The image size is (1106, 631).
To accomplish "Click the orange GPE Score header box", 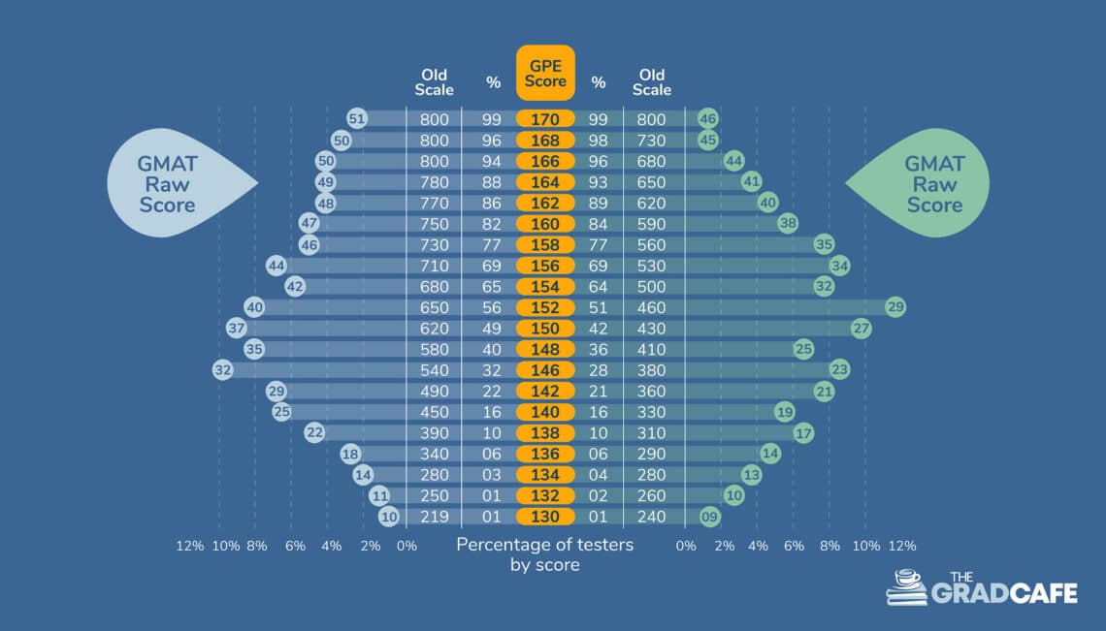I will pyautogui.click(x=545, y=73).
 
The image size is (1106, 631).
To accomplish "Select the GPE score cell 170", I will pyautogui.click(x=545, y=119).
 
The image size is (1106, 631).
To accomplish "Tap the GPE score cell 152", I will pyautogui.click(x=545, y=307).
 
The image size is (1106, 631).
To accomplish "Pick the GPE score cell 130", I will pyautogui.click(x=545, y=517).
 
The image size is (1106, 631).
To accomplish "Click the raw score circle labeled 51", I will pyautogui.click(x=357, y=119).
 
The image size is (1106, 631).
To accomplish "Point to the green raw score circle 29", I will pyautogui.click(x=895, y=307).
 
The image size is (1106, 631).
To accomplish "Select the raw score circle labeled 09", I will pyautogui.click(x=709, y=517).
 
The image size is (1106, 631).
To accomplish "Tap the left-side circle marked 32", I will pyautogui.click(x=223, y=369).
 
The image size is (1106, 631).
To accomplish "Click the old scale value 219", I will pyautogui.click(x=434, y=517).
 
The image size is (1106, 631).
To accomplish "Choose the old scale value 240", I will pyautogui.click(x=652, y=517).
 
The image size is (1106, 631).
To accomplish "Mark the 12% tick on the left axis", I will pyautogui.click(x=189, y=546).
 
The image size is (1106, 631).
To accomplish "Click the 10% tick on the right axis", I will pyautogui.click(x=865, y=546).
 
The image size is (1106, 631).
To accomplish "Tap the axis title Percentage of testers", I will pyautogui.click(x=544, y=545).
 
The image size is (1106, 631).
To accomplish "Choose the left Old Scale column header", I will pyautogui.click(x=434, y=82).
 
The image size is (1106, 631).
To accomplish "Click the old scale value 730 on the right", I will pyautogui.click(x=652, y=141).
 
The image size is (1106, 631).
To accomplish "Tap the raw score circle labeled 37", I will pyautogui.click(x=236, y=328).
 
